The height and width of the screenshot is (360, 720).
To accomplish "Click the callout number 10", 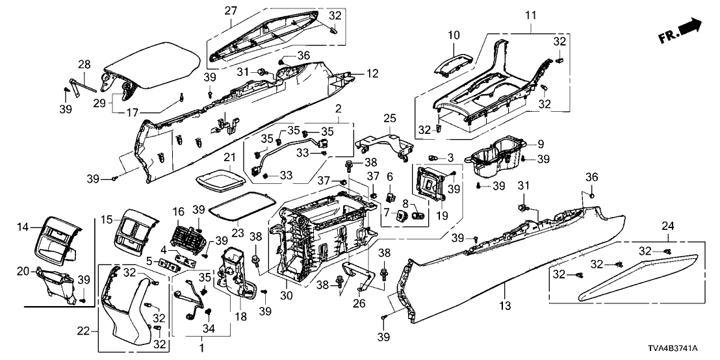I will pyautogui.click(x=454, y=34).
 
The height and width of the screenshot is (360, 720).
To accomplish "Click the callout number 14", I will pyautogui.click(x=23, y=227).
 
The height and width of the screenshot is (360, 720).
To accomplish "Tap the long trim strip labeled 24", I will pyautogui.click(x=640, y=276).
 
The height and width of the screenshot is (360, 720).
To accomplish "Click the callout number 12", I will pyautogui.click(x=372, y=74).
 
